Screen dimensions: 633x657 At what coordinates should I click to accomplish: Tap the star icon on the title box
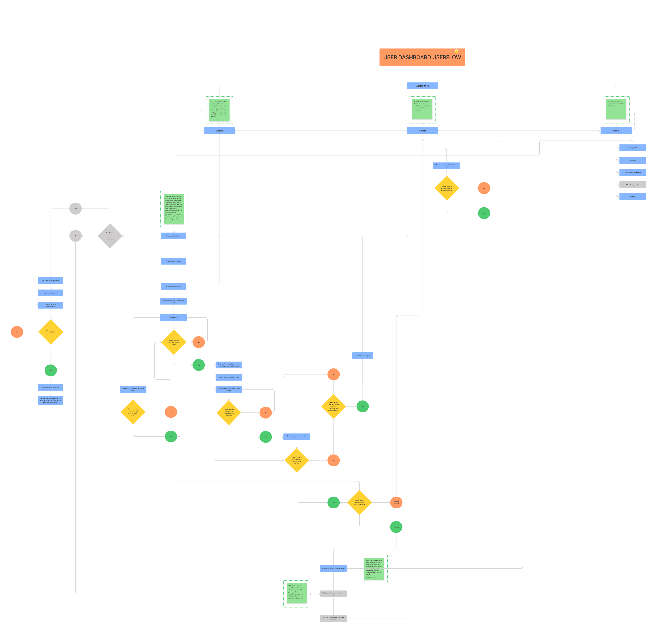456,51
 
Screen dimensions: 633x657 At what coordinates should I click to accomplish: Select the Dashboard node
422,86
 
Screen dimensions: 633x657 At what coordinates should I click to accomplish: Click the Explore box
219,131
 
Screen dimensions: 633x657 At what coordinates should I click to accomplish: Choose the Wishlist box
422,131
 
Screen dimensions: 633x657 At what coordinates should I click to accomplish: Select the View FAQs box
632,160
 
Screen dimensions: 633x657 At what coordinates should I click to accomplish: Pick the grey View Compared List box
632,185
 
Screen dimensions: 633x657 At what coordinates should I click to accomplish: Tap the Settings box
632,196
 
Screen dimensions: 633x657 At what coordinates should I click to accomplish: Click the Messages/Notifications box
174,236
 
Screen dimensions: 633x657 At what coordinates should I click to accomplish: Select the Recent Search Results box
174,261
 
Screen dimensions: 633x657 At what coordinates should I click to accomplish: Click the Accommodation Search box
174,286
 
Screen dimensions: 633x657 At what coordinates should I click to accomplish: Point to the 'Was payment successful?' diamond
51,332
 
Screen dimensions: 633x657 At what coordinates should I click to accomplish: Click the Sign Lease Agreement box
51,293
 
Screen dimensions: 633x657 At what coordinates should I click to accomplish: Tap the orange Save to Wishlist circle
396,502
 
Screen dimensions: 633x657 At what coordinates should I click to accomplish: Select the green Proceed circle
396,527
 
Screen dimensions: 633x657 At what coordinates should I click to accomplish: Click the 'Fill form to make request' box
362,356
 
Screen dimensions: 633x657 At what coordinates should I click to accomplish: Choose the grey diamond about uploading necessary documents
110,236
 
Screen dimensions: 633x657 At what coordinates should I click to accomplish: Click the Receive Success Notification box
51,387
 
